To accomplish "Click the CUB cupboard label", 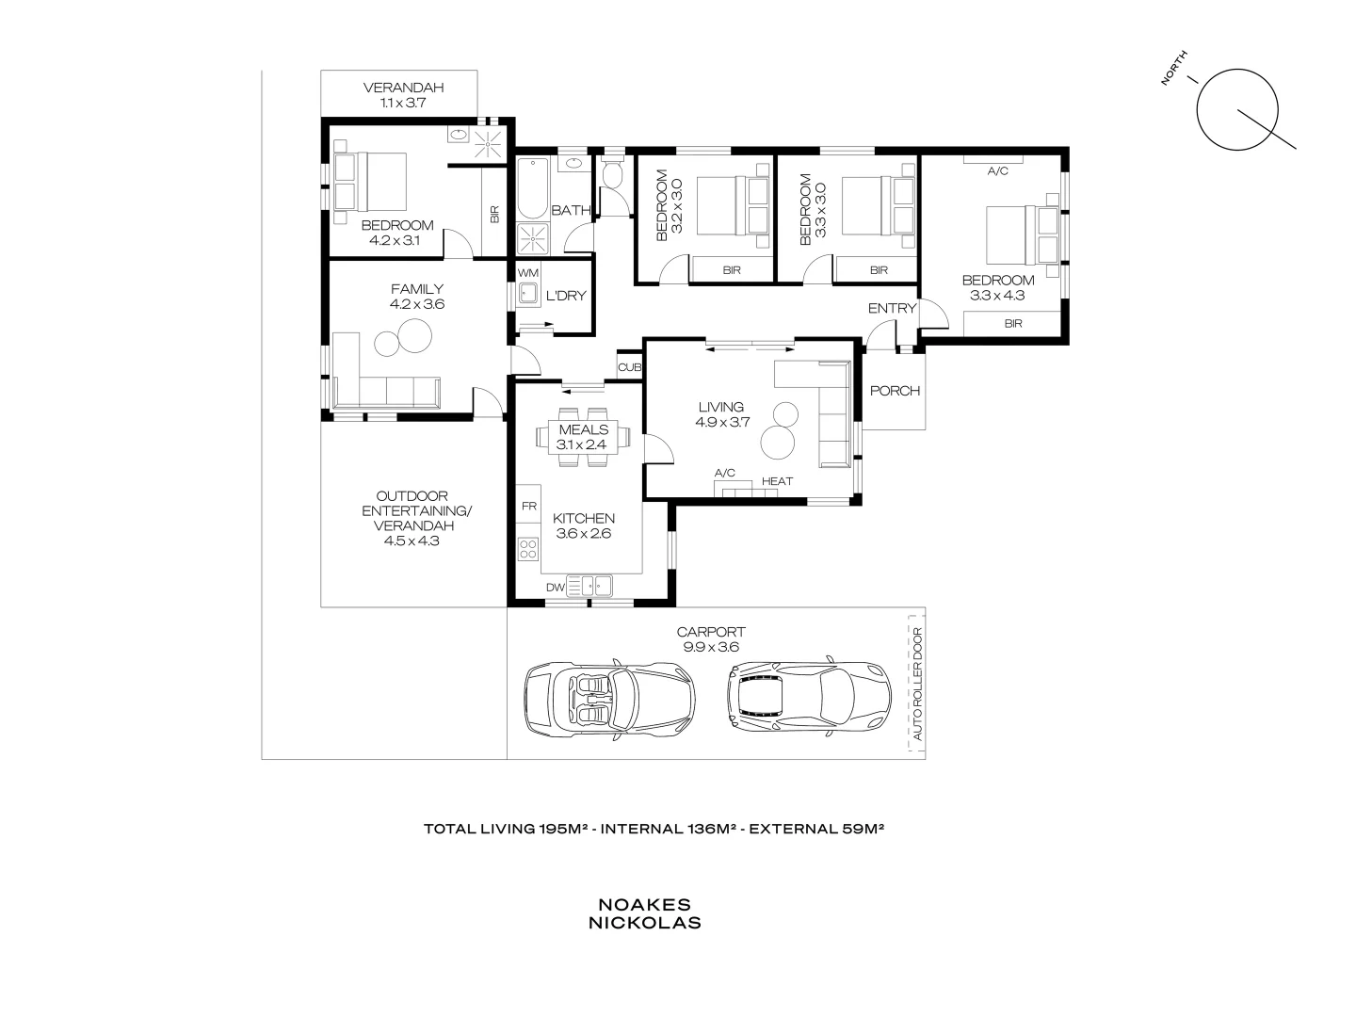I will (x=629, y=367).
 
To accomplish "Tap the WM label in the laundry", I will (x=527, y=272).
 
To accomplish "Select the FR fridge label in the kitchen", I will (x=528, y=506).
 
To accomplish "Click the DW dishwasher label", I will (x=555, y=588).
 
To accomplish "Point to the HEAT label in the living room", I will (x=777, y=481).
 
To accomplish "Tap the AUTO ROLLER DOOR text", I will (x=916, y=685).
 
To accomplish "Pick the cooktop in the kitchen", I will (x=527, y=549).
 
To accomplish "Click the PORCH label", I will (x=895, y=390).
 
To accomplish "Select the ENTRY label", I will (x=891, y=308).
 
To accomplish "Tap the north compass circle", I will (x=1236, y=109).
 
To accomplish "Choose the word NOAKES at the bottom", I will (x=644, y=904).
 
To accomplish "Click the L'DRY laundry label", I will (x=566, y=296).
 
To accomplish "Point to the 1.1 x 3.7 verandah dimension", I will (x=403, y=103).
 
